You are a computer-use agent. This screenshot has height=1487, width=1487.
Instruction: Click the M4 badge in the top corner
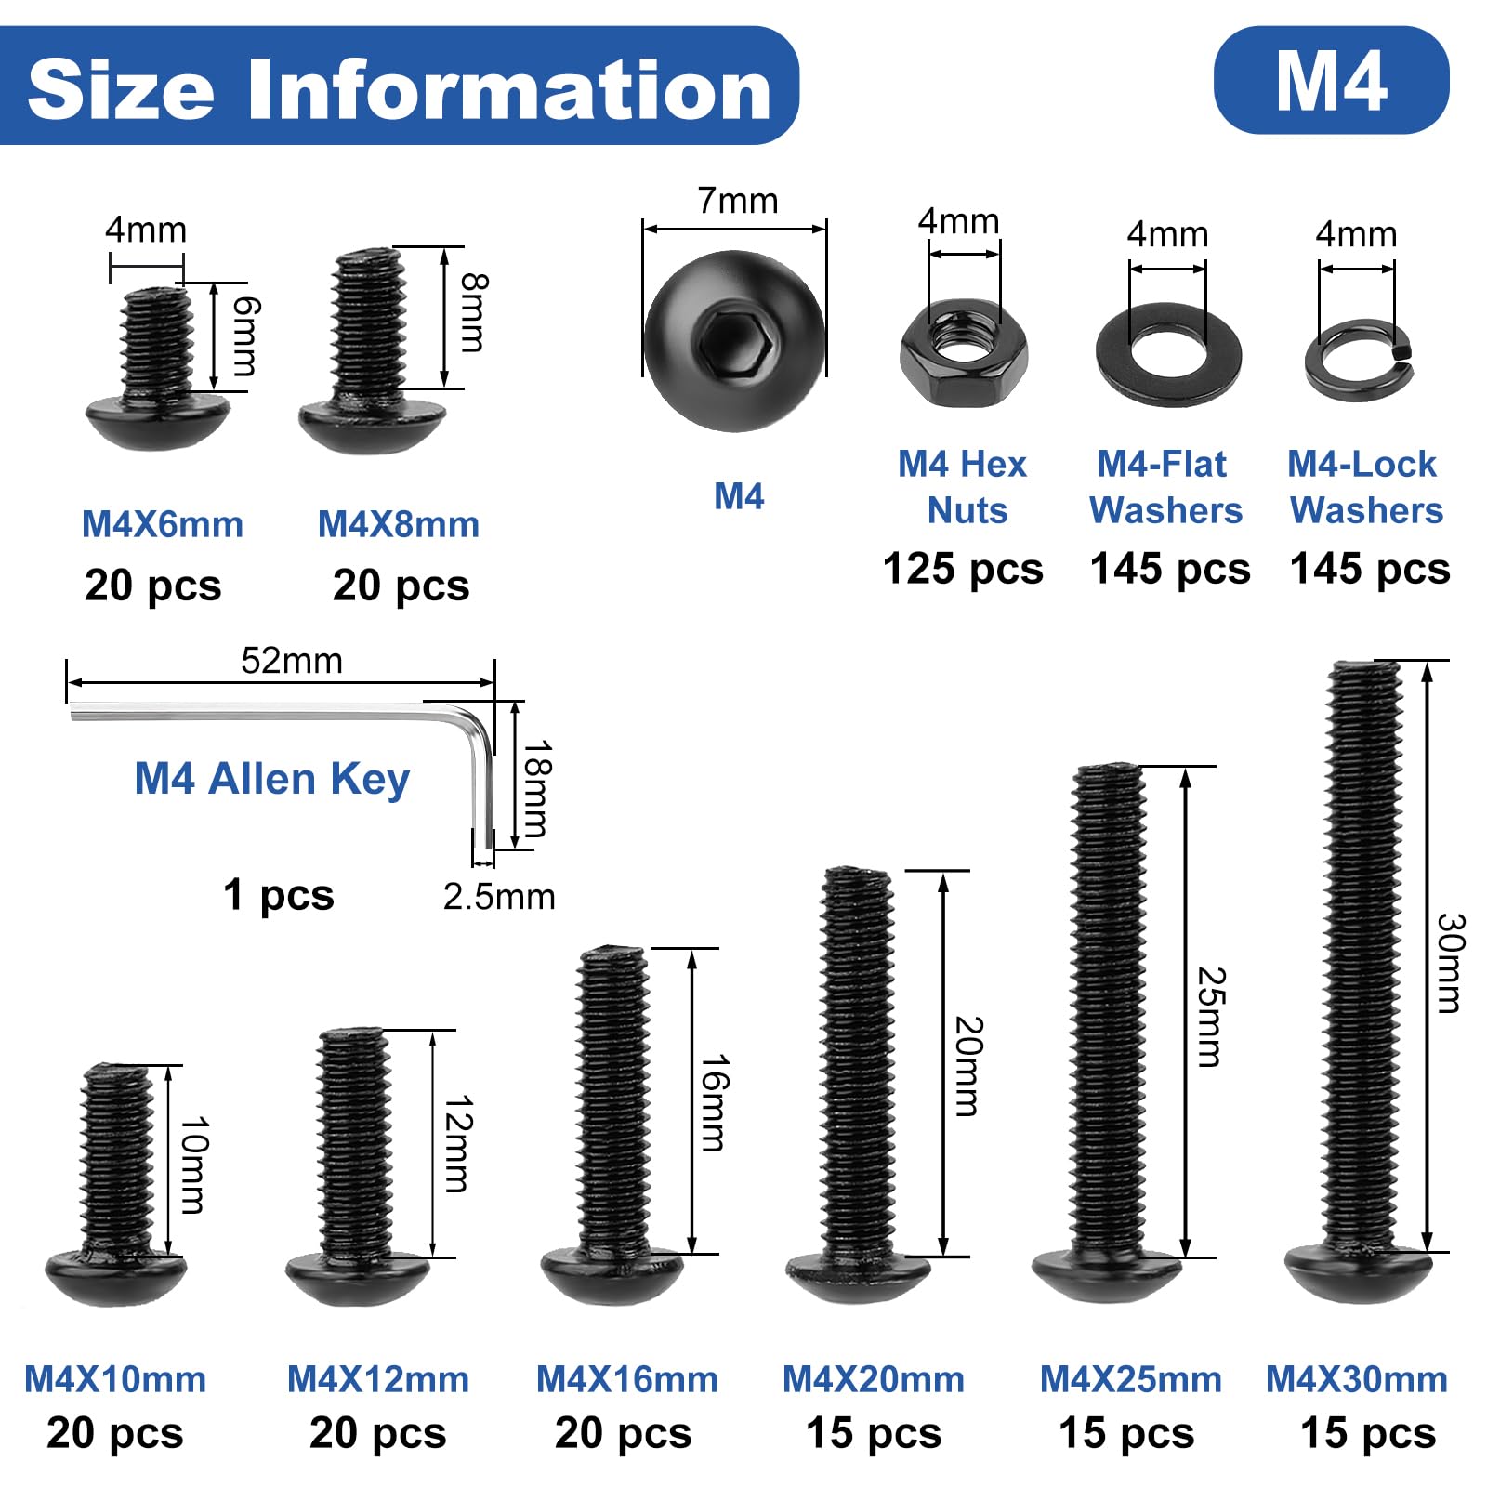coord(1331,80)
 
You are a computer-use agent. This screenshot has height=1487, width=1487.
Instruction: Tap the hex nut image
coord(964,352)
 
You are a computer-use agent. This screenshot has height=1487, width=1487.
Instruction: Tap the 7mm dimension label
coord(738,201)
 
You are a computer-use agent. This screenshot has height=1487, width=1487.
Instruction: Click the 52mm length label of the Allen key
coord(292,661)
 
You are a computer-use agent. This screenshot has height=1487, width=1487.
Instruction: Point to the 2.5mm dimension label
coord(499,897)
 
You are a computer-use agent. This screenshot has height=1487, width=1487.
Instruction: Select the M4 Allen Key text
coord(272,779)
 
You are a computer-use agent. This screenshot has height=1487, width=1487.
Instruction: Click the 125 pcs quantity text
coord(963,569)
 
